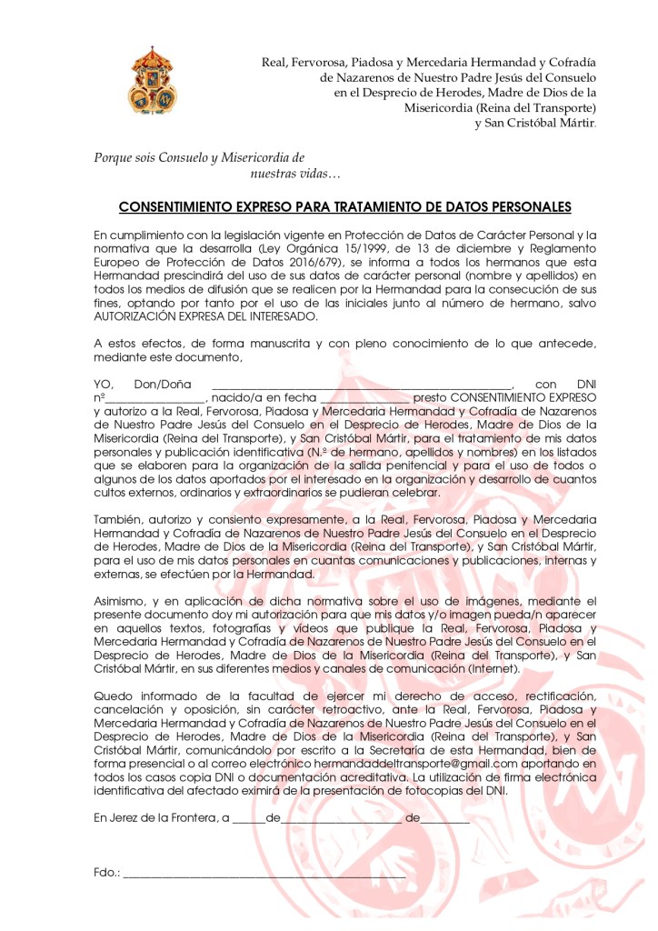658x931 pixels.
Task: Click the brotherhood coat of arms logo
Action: click(153, 81)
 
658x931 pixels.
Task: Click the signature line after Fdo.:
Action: click(264, 874)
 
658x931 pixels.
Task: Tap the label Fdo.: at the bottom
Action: click(106, 873)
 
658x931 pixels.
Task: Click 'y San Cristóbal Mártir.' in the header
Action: click(535, 123)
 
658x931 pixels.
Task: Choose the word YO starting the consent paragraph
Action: click(105, 385)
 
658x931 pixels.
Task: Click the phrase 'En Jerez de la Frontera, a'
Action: click(160, 817)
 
